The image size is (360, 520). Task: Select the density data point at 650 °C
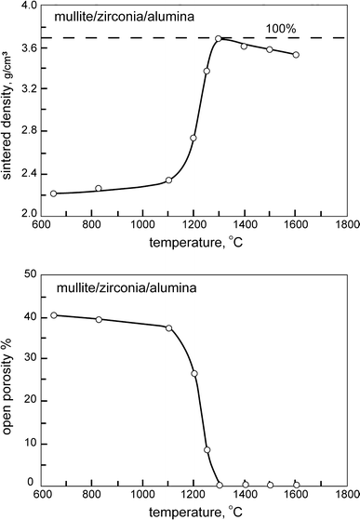pos(53,193)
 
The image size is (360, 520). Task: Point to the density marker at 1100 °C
pos(168,180)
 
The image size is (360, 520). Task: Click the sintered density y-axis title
pos(8,110)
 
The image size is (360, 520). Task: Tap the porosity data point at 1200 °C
pos(194,374)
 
